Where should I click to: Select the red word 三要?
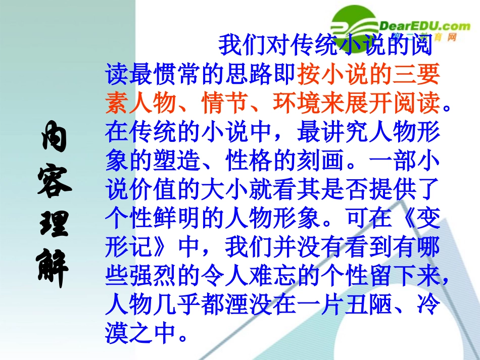coord(414,74)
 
